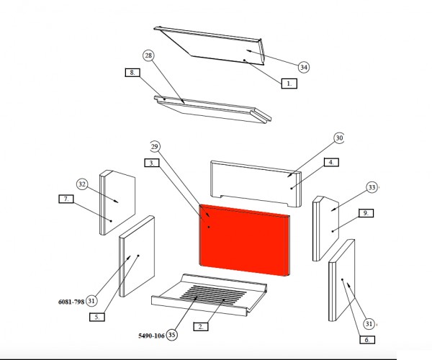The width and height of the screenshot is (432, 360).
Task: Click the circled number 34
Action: [304, 67]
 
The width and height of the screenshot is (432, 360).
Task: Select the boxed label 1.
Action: [288, 84]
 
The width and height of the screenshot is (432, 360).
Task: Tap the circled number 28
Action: [148, 55]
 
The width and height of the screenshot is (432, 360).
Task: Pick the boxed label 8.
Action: [132, 73]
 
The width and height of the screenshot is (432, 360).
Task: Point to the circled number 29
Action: [154, 146]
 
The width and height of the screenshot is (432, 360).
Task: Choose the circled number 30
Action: [340, 138]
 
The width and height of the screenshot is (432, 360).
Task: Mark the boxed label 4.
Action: [330, 163]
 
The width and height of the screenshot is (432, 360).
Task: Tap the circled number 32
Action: [82, 184]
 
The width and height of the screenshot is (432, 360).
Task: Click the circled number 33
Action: [372, 187]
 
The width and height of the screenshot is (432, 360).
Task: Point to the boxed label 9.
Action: [366, 213]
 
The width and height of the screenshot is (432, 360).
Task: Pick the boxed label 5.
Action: [96, 316]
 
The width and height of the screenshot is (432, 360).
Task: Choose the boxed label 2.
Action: [199, 326]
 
